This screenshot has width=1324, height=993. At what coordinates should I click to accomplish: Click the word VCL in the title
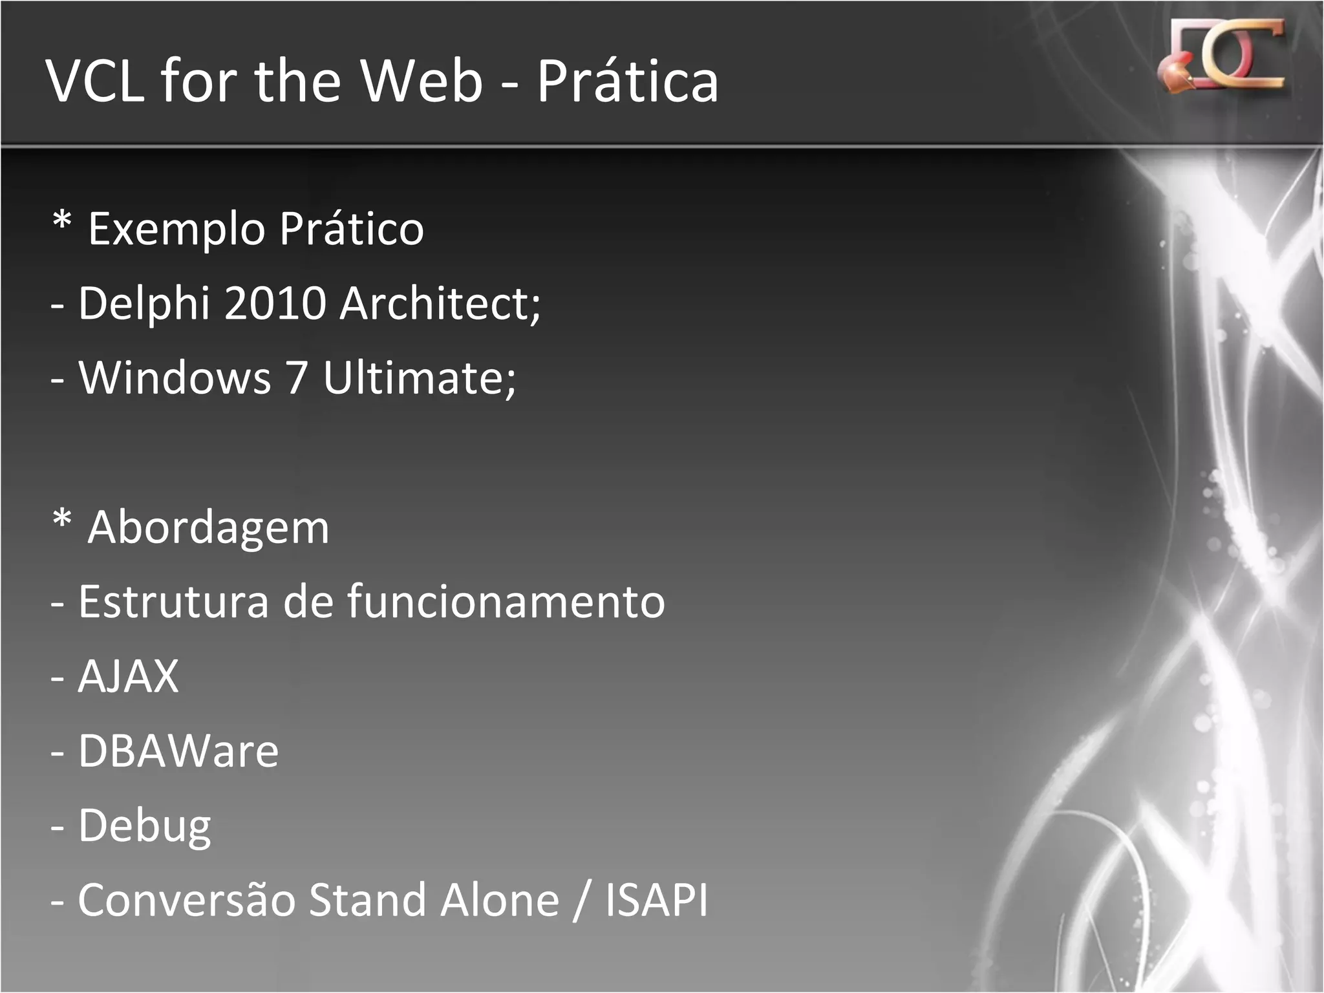95,81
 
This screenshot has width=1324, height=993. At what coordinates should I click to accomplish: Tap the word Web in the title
421,81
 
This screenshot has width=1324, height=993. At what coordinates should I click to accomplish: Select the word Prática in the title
627,81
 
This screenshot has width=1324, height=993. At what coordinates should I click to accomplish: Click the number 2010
275,304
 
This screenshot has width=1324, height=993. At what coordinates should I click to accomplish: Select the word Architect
436,304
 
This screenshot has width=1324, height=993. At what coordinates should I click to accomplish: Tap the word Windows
175,378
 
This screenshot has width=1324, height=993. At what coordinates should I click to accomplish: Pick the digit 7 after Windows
297,378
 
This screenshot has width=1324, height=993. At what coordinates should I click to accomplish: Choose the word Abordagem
208,528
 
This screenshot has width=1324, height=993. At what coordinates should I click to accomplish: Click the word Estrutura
173,602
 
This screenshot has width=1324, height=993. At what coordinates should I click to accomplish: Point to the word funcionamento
506,602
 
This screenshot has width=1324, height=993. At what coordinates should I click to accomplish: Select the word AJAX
128,677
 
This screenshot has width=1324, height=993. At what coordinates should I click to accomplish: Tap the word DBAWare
178,751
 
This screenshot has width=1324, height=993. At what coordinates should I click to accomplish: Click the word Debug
145,826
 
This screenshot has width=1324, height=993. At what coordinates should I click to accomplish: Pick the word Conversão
187,900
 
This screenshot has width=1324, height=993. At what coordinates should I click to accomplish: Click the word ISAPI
657,900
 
